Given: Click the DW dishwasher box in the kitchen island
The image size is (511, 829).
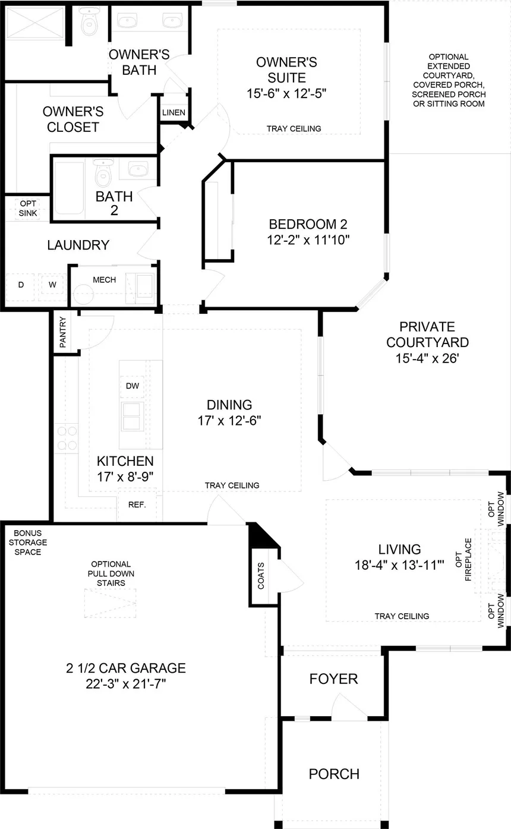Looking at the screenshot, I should tap(133, 386).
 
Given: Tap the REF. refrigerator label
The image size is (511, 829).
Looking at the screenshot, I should tap(137, 505).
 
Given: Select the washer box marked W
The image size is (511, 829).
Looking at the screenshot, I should tap(52, 285).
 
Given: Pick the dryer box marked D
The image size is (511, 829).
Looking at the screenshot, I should tap(21, 285).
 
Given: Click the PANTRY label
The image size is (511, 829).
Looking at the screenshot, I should tap(63, 335).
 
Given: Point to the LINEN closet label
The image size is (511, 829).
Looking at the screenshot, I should tap(174, 112).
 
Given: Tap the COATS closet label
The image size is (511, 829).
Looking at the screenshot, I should tap(261, 575).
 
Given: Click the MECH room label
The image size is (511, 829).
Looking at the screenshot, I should tap(104, 279).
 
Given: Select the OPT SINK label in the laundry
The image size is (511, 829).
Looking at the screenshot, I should tap(27, 208).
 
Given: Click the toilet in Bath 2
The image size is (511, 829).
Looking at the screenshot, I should tap(104, 172).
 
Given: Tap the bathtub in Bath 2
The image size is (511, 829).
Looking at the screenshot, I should tap(70, 188).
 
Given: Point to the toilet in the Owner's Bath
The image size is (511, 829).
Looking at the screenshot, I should tap(89, 23).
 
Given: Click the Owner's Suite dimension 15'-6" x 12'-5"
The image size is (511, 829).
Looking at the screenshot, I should tap(287, 93).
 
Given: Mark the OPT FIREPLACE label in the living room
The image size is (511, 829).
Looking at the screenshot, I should tap(468, 560).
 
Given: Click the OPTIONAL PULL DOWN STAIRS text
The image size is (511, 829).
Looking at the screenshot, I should tap(111, 573).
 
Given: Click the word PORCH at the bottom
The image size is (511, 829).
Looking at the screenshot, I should tap(333, 774).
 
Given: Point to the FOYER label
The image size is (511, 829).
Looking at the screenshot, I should tap(333, 679).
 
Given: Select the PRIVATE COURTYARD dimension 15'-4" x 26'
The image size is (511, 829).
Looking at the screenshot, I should tap(427, 358).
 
